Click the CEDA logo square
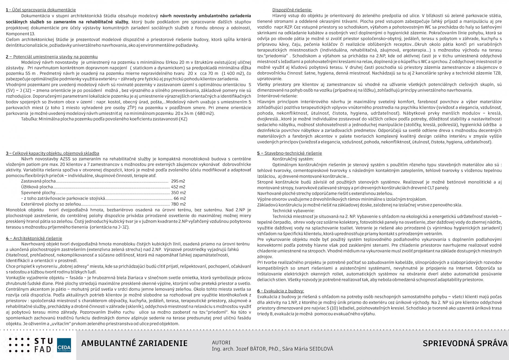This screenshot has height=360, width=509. pos(64,345)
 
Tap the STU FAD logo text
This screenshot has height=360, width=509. pos(44,345)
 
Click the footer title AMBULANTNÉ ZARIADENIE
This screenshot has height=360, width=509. pos(134,343)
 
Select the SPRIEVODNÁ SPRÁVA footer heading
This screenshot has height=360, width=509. pos(465,343)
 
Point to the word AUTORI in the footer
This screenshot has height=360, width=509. pos(221,343)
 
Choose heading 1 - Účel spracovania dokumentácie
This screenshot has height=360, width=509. pos(41,10)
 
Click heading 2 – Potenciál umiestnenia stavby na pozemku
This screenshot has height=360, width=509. pos(52,57)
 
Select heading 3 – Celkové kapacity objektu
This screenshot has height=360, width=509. pos(52,153)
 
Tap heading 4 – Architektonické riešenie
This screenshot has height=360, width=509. pos(34,238)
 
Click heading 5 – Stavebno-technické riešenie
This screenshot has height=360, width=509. pos(290,153)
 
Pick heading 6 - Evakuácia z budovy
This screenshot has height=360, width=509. pos(281,291)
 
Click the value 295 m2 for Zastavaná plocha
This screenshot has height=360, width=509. pos(178,181)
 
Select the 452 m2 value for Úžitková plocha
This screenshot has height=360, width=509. pos(178,187)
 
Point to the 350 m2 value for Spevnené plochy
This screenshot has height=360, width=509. pos(178,193)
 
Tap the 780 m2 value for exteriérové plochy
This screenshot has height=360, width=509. pos(178,204)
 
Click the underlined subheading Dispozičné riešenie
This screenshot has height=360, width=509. pos(292,10)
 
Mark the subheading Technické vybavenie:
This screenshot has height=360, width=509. pos(293,211)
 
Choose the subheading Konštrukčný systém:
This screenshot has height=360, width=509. pos(293,159)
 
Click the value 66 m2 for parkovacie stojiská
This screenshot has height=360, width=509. pos(180,198)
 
